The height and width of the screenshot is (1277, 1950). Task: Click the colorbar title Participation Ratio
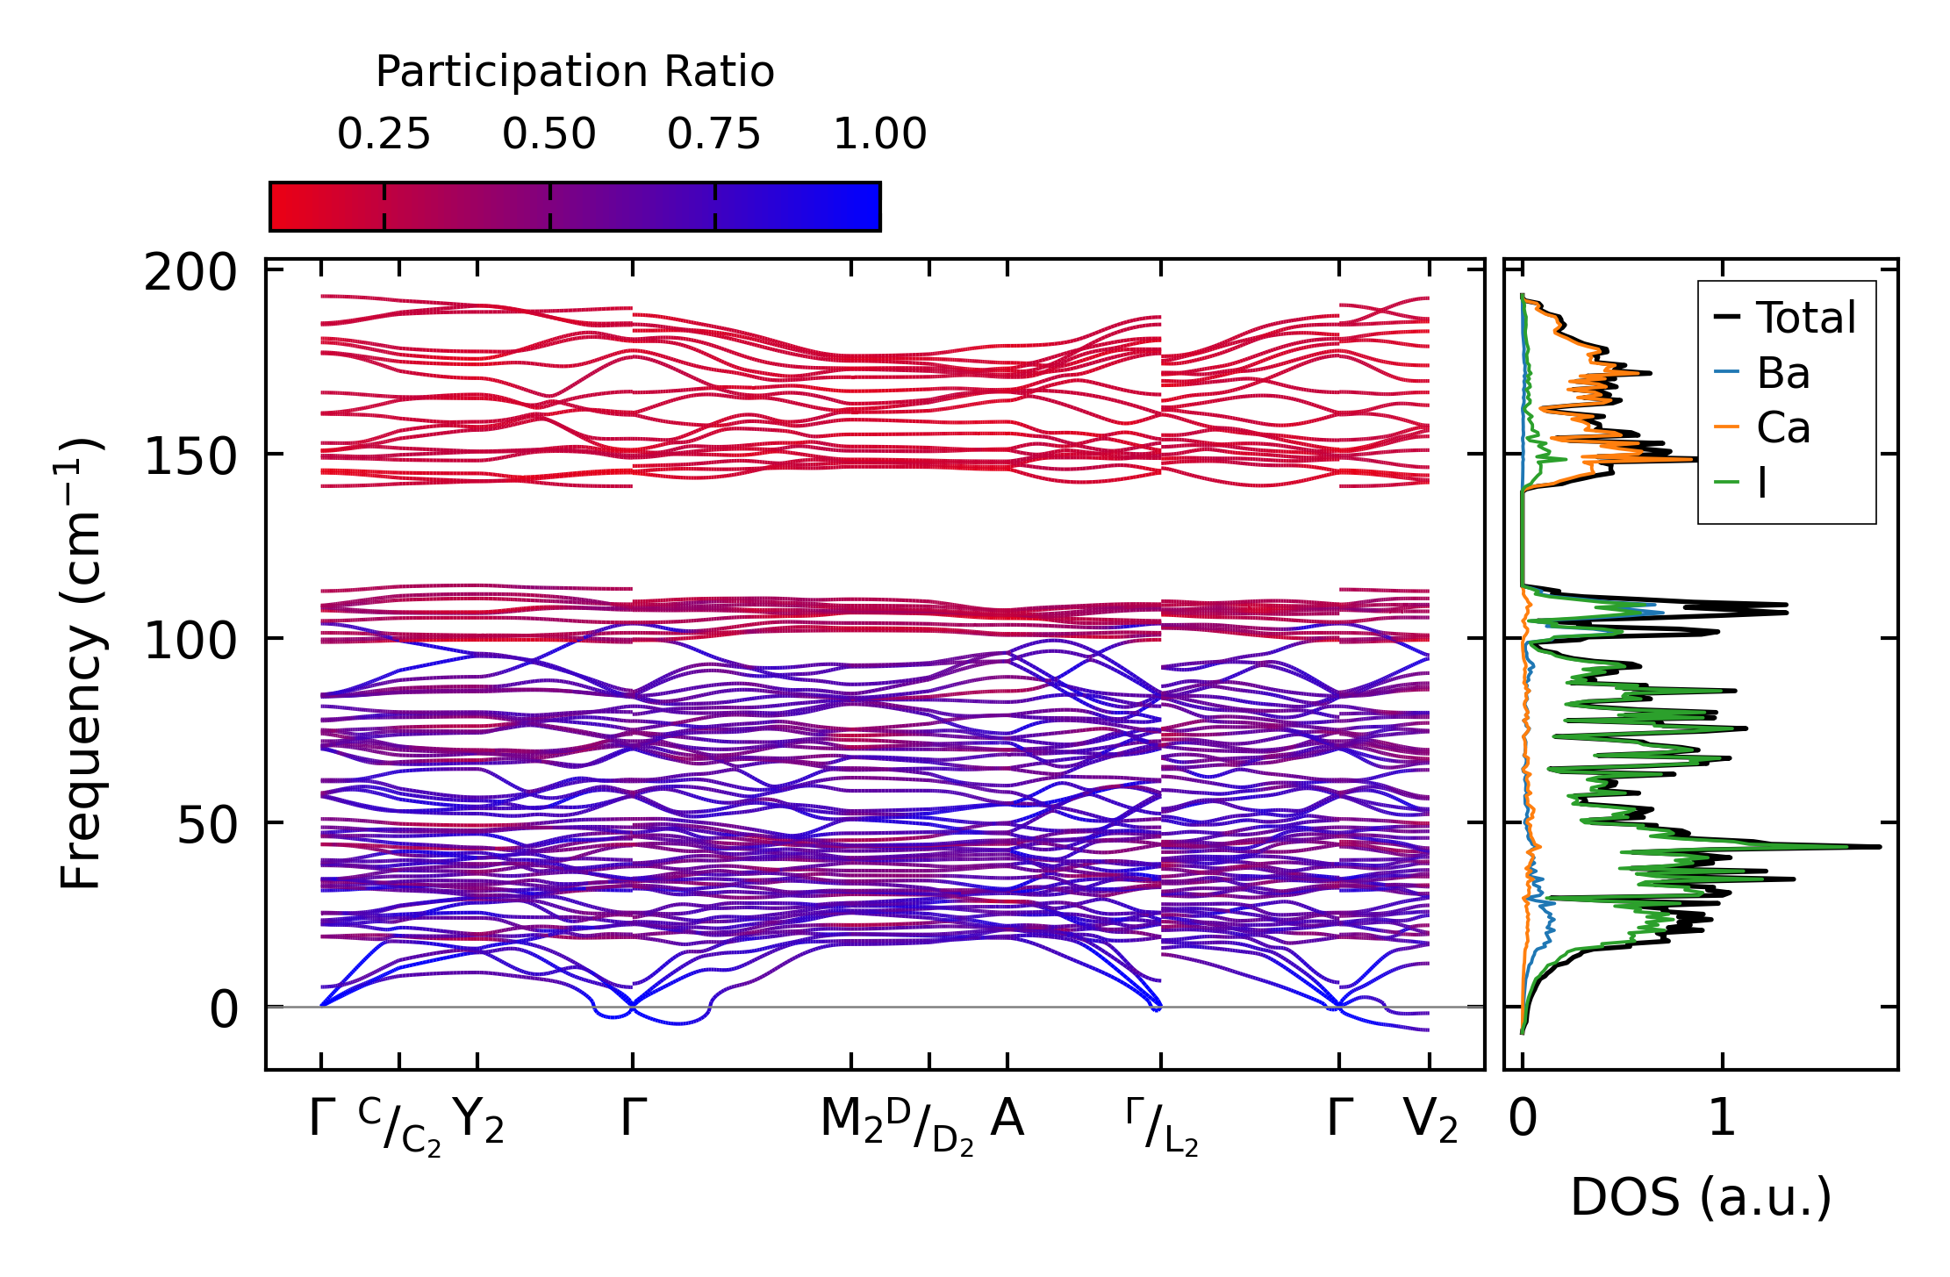pyautogui.click(x=575, y=72)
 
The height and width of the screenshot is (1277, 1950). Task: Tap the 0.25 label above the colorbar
pyautogui.click(x=384, y=134)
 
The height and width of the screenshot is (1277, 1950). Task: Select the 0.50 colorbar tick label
pyautogui.click(x=548, y=134)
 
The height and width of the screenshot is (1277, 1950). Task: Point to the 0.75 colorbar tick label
pyautogui.click(x=713, y=134)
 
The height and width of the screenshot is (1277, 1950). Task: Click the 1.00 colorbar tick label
pyautogui.click(x=879, y=134)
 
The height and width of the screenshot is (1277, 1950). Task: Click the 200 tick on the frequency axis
pyautogui.click(x=190, y=273)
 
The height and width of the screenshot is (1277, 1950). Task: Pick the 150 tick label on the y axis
pyautogui.click(x=190, y=457)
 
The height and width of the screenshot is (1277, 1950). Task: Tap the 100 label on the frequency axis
pyautogui.click(x=190, y=642)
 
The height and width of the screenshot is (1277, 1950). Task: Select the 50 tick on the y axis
pyautogui.click(x=207, y=826)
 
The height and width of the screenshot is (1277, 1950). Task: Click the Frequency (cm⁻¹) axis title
pyautogui.click(x=81, y=664)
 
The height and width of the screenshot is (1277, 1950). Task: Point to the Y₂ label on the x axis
pyautogui.click(x=478, y=1120)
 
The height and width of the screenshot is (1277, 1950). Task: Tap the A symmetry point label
pyautogui.click(x=1007, y=1118)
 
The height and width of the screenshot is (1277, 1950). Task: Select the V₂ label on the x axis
pyautogui.click(x=1430, y=1120)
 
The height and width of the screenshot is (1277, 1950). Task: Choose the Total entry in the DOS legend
pyautogui.click(x=1805, y=318)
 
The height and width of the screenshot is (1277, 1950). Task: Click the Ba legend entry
pyautogui.click(x=1782, y=374)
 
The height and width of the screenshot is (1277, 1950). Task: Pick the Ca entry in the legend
pyautogui.click(x=1782, y=428)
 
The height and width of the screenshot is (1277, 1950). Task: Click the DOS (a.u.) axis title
pyautogui.click(x=1701, y=1198)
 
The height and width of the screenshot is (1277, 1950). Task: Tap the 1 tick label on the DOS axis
pyautogui.click(x=1722, y=1119)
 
